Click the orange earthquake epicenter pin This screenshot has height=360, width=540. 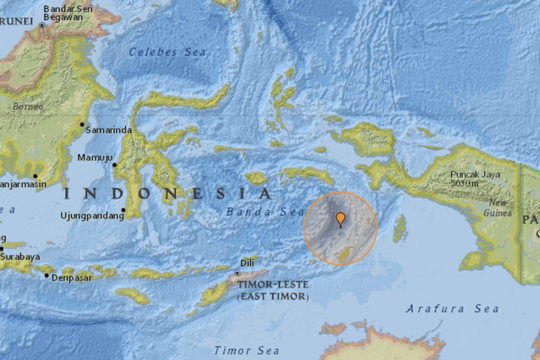pyautogui.click(x=341, y=220)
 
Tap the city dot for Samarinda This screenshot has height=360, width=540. pyautogui.click(x=82, y=125)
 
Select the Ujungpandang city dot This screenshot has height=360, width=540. pyautogui.click(x=124, y=211)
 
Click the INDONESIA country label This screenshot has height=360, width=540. pyautogui.click(x=166, y=193)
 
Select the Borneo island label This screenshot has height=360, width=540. pyautogui.click(x=21, y=103)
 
